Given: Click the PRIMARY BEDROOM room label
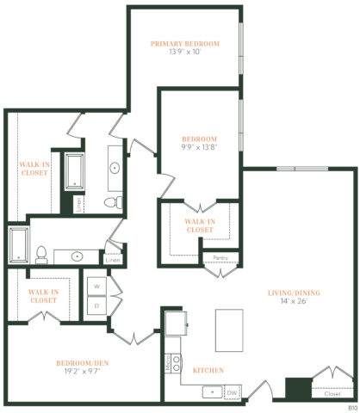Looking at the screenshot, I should click(x=184, y=44).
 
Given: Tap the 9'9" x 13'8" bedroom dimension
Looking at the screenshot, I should click(x=199, y=148).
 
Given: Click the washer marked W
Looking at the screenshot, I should click(x=96, y=285).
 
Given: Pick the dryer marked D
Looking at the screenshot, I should click(x=96, y=304).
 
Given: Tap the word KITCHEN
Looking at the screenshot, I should click(x=208, y=370).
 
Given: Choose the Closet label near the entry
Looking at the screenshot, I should click(x=332, y=395).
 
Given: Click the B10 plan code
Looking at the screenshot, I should click(x=351, y=406).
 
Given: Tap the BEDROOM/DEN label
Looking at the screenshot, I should click(x=84, y=363).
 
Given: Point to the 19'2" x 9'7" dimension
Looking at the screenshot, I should click(x=84, y=373).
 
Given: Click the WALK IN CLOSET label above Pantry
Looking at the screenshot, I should click(x=199, y=225).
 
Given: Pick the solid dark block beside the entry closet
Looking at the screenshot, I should click(x=298, y=389).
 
